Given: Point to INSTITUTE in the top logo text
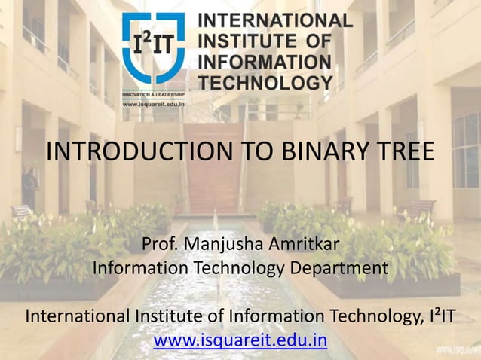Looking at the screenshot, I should point(245,41).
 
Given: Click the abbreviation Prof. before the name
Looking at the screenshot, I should point(159,246).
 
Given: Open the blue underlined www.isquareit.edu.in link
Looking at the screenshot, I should point(240,340).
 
